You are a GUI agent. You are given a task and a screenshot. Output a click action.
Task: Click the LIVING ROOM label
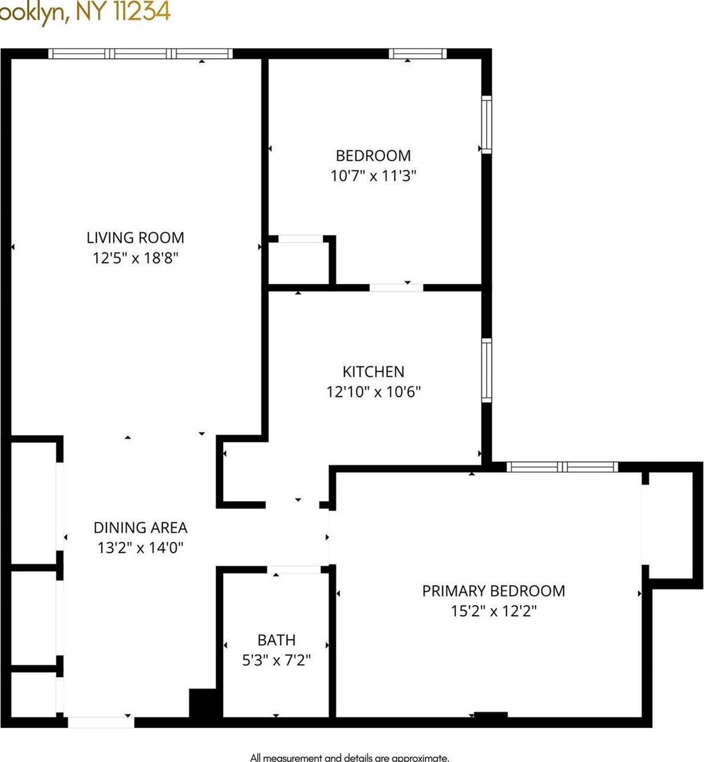click(x=135, y=238)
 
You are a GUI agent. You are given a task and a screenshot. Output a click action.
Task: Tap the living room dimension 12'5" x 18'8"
click(x=135, y=258)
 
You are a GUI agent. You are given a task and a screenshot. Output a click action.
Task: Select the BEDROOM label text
click(x=373, y=155)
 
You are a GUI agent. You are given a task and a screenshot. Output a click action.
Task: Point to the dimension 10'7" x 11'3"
click(x=373, y=176)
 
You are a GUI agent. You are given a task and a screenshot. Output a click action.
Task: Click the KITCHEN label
click(x=373, y=371)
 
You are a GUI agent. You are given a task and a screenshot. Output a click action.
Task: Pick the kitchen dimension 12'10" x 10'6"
click(x=373, y=392)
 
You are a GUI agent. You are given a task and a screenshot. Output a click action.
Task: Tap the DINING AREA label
click(x=140, y=527)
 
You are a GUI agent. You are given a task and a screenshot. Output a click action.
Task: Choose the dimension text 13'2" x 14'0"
click(x=140, y=548)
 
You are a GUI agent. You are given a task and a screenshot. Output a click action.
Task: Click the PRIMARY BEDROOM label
click(x=493, y=591)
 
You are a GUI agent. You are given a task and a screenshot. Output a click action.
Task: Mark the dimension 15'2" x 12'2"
click(x=493, y=611)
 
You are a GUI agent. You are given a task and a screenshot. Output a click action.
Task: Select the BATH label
click(x=276, y=640)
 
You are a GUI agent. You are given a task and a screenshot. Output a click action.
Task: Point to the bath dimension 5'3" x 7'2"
click(x=276, y=660)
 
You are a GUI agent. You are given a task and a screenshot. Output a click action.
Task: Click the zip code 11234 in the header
click(x=142, y=12)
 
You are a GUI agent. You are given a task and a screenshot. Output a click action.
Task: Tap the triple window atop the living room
click(x=140, y=54)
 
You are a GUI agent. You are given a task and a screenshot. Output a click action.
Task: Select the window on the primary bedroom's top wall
click(x=562, y=467)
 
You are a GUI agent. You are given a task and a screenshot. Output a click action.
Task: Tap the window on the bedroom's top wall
click(x=418, y=54)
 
